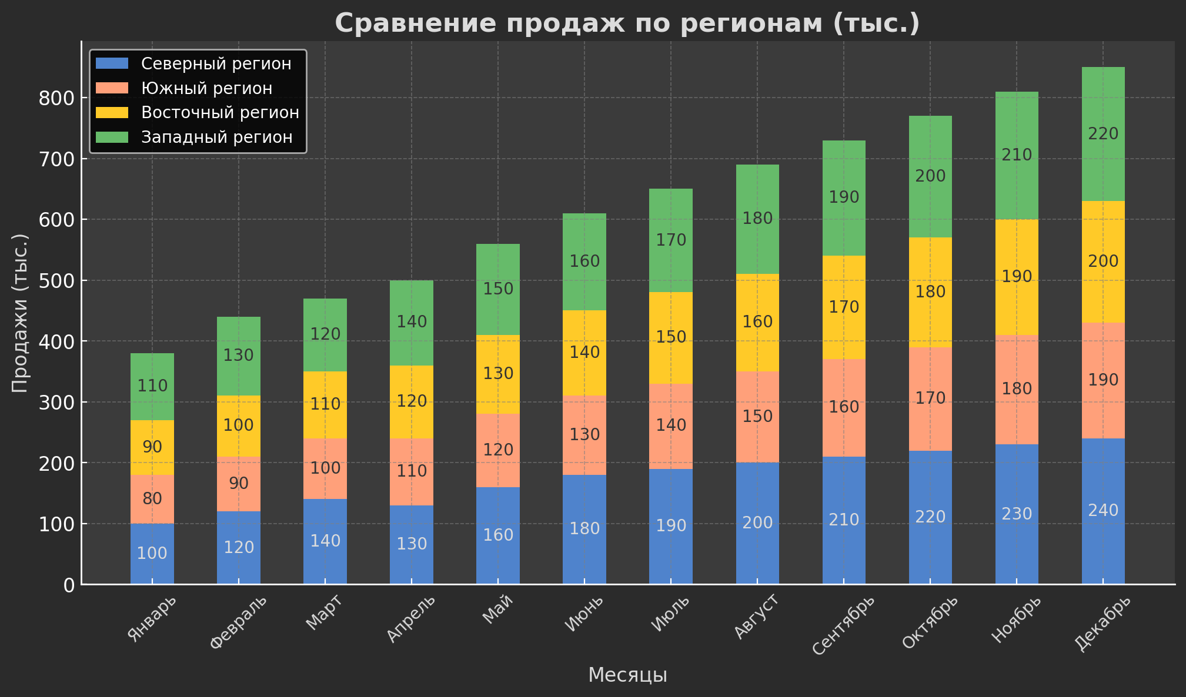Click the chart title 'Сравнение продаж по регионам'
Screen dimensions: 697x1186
(627, 24)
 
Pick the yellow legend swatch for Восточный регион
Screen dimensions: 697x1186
(111, 112)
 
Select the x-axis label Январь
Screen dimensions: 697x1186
(151, 618)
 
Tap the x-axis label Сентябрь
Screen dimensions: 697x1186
(843, 625)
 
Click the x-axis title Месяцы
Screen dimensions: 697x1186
(627, 675)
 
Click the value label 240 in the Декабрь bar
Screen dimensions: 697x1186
(1103, 511)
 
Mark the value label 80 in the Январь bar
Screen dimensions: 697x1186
(152, 499)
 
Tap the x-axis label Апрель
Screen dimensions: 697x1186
(411, 618)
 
